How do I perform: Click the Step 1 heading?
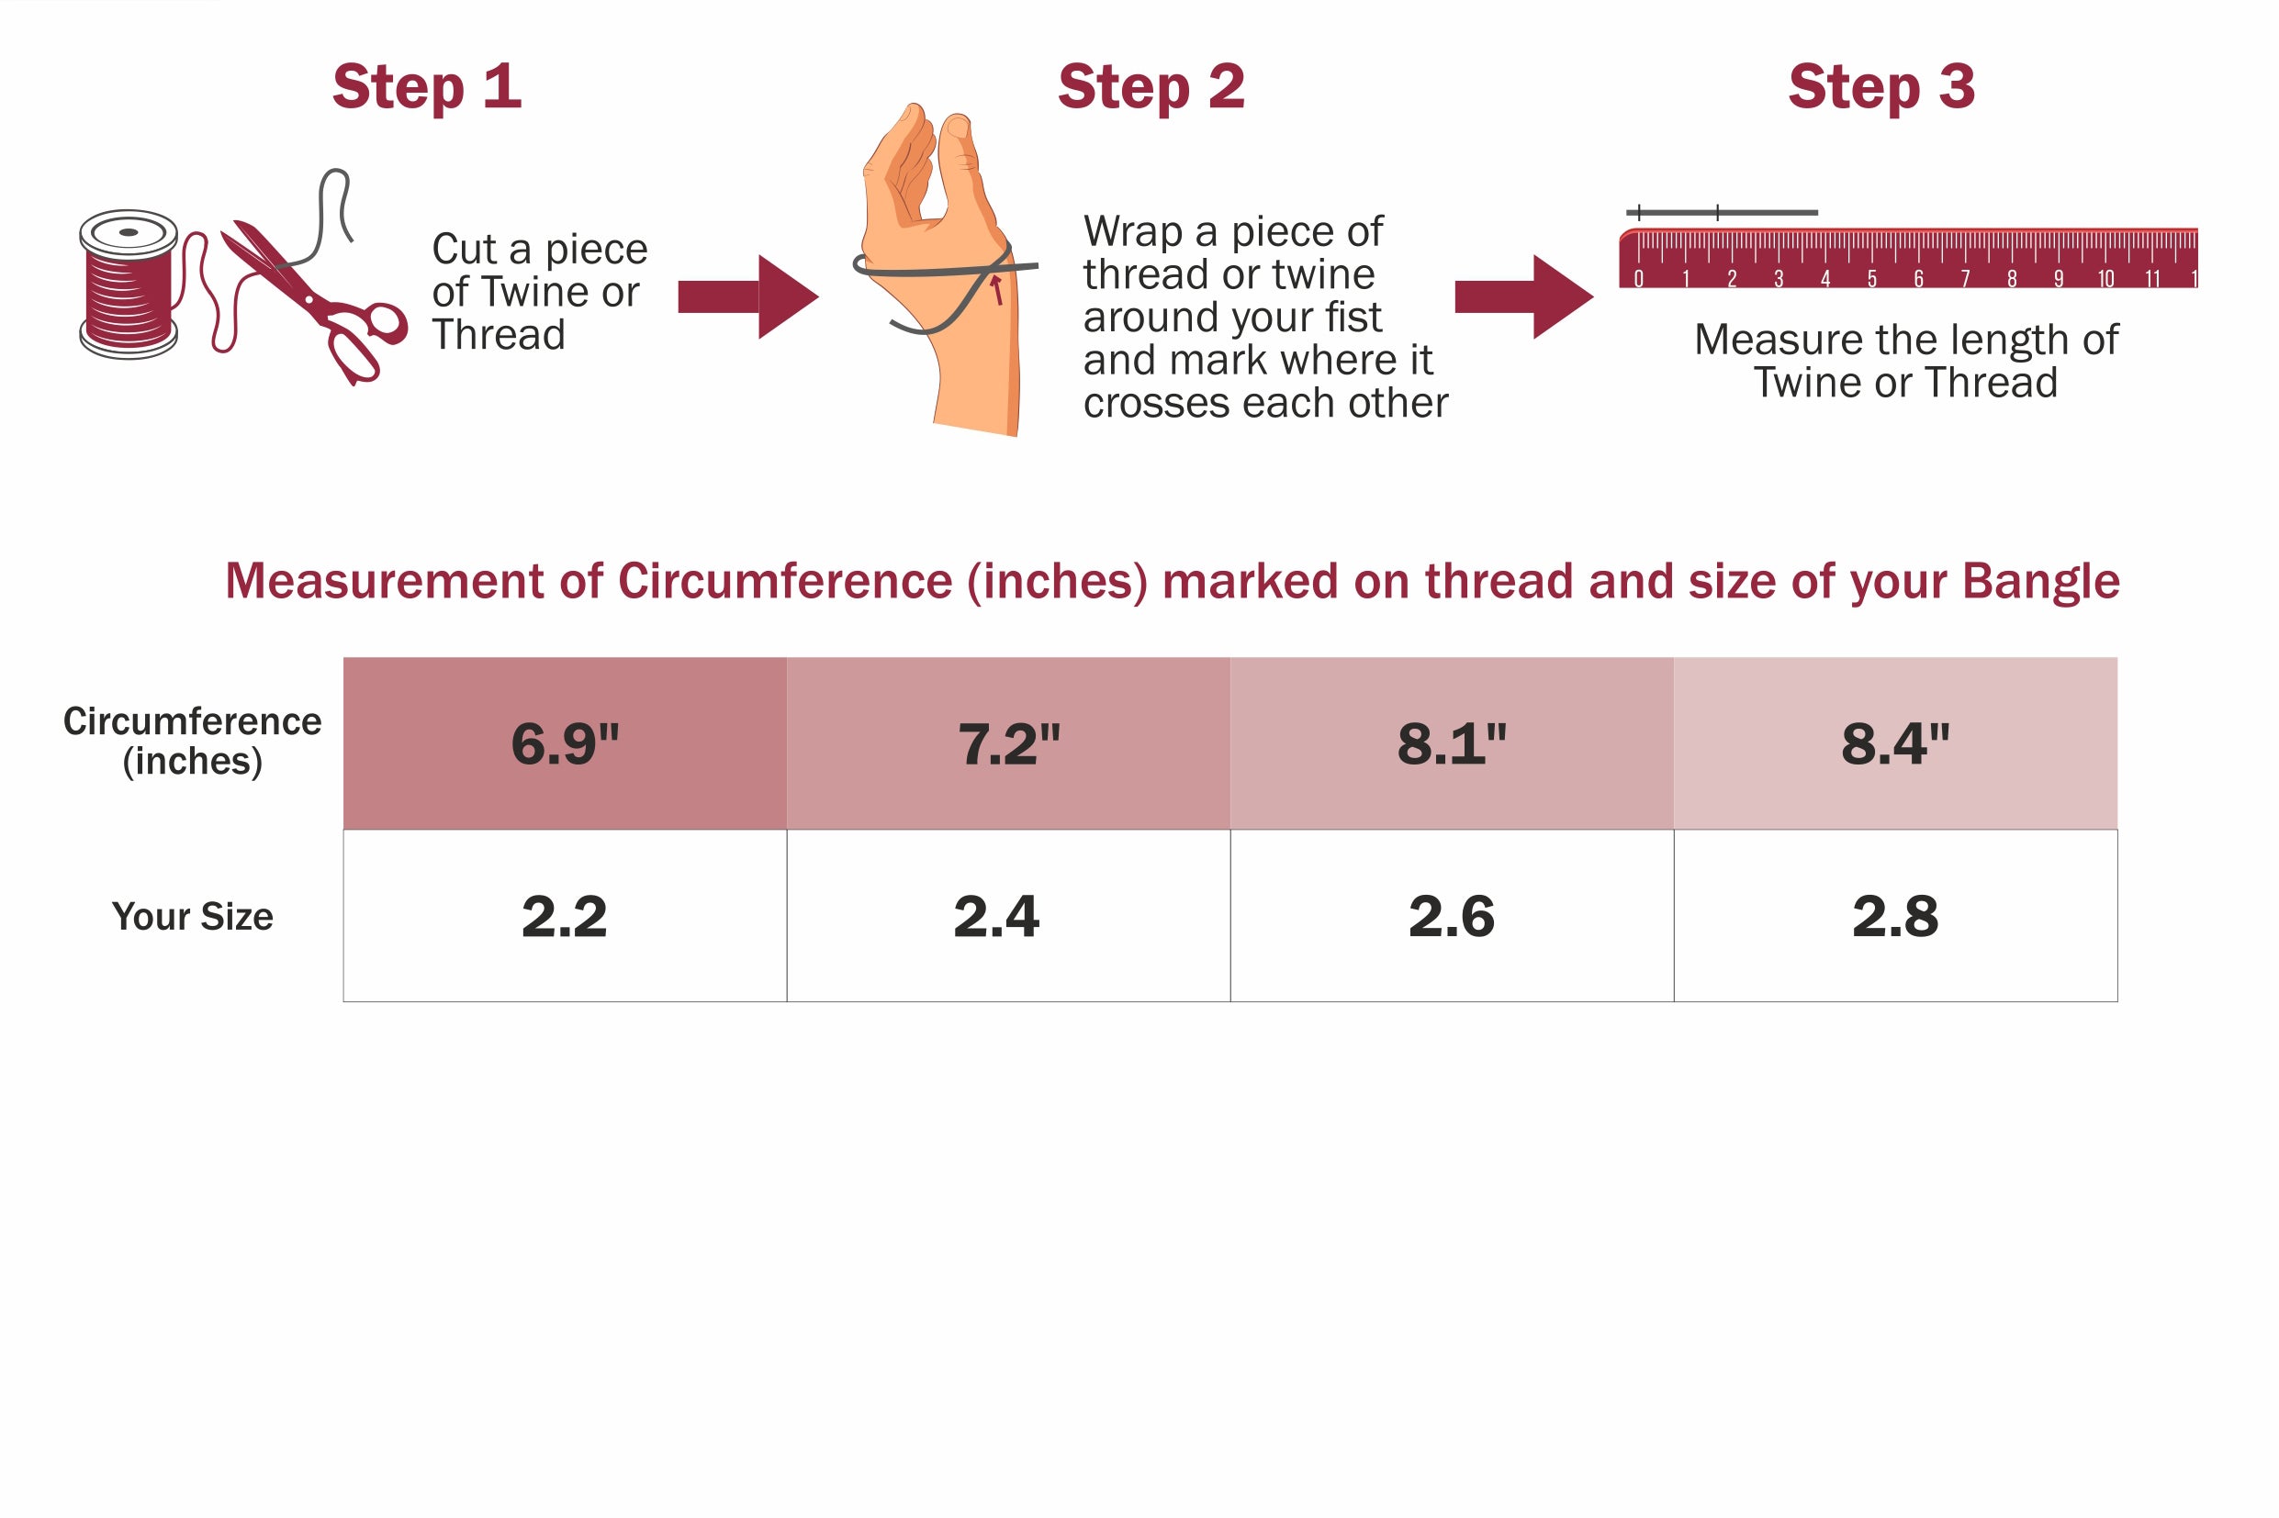click(x=426, y=86)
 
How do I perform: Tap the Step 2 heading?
click(x=1151, y=86)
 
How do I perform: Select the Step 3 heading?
click(x=1880, y=86)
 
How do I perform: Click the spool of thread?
click(x=128, y=284)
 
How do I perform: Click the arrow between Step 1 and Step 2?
click(x=747, y=296)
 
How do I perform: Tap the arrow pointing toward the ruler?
click(x=1523, y=296)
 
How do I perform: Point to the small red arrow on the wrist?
click(x=995, y=288)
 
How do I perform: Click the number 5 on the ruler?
click(x=1872, y=279)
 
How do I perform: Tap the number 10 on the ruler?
click(x=2105, y=279)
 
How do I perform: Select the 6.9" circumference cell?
click(x=565, y=742)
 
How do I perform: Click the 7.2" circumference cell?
click(x=1008, y=742)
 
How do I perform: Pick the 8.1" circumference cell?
click(x=1452, y=742)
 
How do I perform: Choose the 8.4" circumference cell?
click(x=1895, y=742)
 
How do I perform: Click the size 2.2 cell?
click(x=565, y=915)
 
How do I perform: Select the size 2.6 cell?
click(x=1452, y=915)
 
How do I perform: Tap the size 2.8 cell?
click(x=1895, y=915)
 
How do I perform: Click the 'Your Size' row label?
click(x=192, y=916)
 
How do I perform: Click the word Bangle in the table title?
click(x=2041, y=582)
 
